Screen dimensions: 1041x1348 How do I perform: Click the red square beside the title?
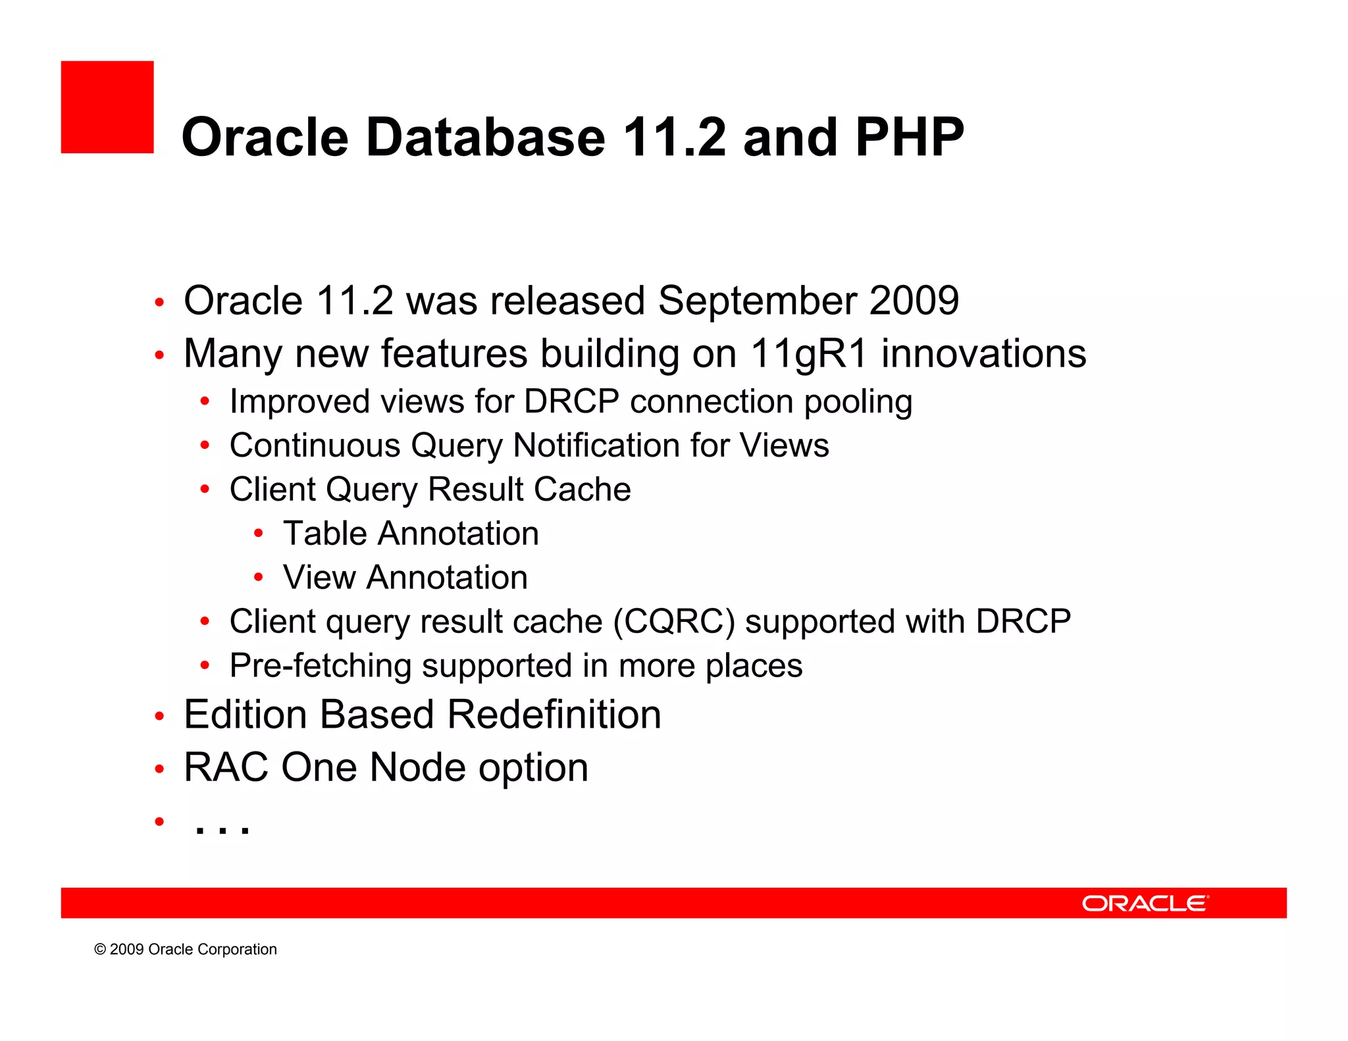(x=107, y=107)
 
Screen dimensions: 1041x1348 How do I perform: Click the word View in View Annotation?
(x=319, y=577)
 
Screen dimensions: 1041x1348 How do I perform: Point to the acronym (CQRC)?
(x=673, y=622)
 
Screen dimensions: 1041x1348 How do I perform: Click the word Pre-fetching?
(x=320, y=665)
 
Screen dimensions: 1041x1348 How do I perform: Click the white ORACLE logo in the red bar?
(x=1145, y=903)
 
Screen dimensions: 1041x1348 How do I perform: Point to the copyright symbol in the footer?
(x=100, y=949)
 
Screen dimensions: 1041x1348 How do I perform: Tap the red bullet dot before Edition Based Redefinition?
(x=159, y=716)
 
